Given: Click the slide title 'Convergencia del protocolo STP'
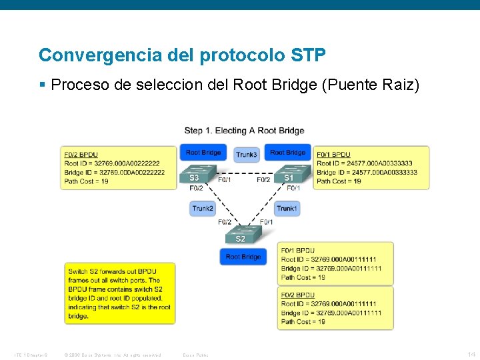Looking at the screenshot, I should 182,55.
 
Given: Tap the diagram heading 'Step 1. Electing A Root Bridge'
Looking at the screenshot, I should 244,130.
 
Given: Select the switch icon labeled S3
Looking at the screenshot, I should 194,174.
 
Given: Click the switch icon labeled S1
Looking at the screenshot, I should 289,174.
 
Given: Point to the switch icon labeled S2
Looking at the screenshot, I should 241,235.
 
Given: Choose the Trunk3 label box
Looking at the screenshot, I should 246,155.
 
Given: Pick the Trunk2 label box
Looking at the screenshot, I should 203,209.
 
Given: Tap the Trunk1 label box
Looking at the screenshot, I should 287,209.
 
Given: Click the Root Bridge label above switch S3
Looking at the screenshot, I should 203,153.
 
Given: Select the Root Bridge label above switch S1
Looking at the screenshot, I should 287,153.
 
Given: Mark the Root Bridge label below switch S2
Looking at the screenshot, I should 243,257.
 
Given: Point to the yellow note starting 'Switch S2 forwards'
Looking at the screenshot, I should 120,293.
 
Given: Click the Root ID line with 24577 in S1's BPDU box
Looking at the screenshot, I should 364,163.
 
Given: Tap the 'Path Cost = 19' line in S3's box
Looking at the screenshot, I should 87,181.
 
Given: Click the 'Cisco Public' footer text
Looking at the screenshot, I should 195,355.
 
